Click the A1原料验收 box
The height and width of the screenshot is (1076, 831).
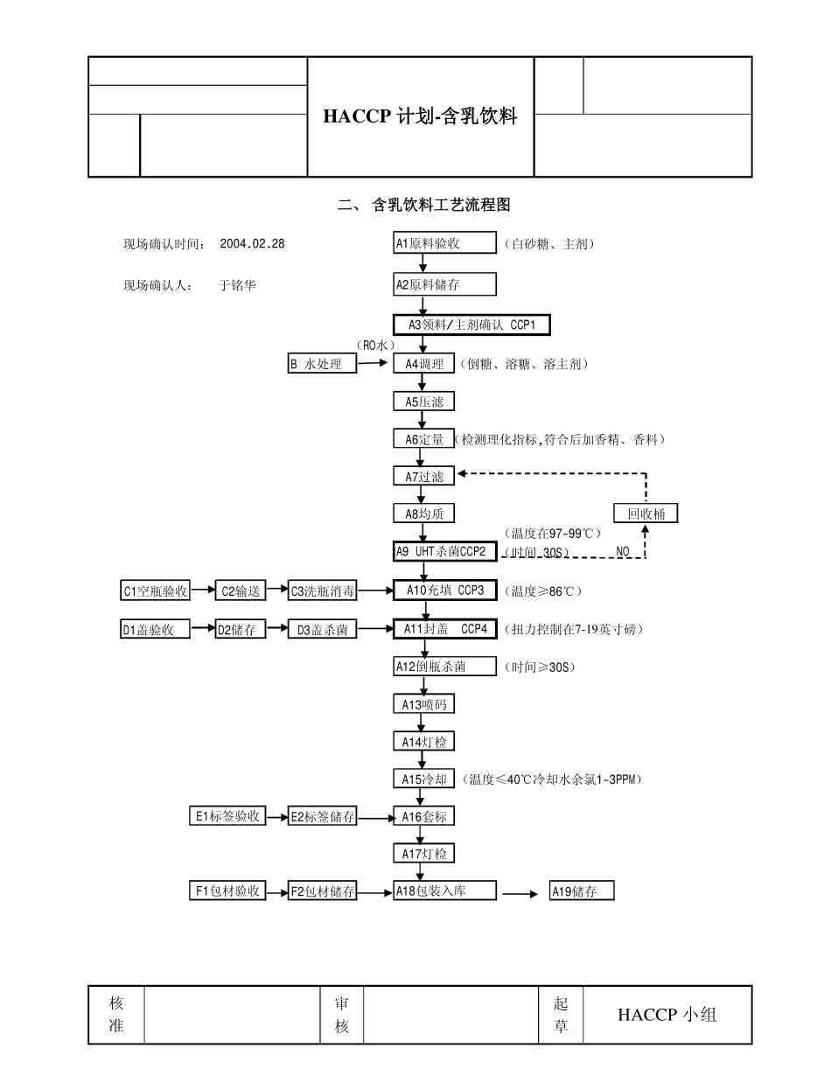click(444, 243)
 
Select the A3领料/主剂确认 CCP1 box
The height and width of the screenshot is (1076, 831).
click(471, 325)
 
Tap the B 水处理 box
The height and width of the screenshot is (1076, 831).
click(323, 364)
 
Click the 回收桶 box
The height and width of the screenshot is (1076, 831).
click(646, 514)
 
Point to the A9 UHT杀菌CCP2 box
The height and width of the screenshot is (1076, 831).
click(445, 552)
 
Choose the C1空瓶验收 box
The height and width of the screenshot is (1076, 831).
click(155, 590)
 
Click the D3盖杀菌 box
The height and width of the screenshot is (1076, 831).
click(323, 629)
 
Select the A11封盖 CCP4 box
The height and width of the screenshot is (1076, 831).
click(445, 629)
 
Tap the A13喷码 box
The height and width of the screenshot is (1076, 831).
click(423, 704)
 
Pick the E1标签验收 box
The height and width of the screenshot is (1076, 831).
click(227, 816)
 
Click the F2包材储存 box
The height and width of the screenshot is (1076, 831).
click(323, 892)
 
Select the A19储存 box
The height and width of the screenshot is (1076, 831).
click(582, 892)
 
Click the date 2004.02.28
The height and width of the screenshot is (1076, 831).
click(253, 244)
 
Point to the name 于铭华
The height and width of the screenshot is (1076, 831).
click(237, 285)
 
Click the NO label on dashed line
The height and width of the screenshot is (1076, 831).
click(623, 552)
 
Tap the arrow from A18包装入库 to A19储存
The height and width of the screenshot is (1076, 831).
click(521, 894)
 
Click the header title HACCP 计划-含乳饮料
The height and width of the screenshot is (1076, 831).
click(420, 116)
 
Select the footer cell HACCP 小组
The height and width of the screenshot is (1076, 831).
click(667, 1015)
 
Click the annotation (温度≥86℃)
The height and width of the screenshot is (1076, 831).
click(542, 591)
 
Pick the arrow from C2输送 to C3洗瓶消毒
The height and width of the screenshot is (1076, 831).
click(276, 590)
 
